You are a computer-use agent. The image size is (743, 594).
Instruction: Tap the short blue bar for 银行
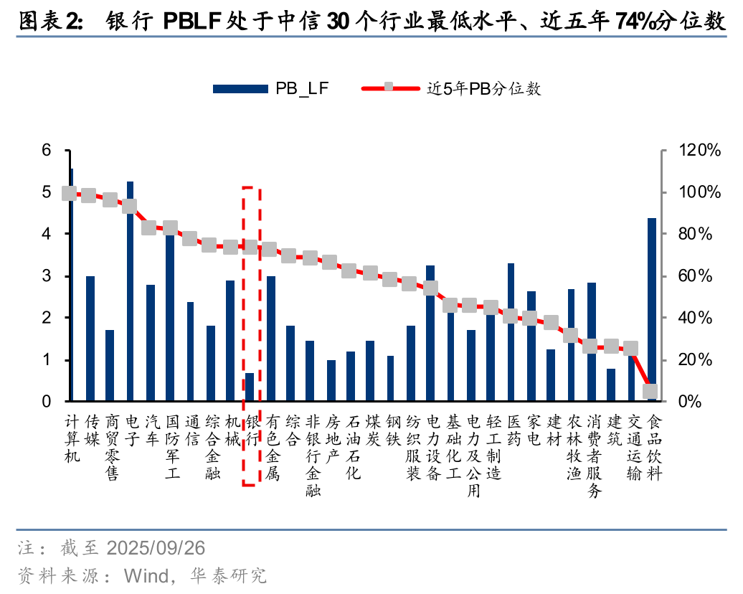(250, 387)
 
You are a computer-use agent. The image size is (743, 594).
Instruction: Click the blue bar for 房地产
(331, 381)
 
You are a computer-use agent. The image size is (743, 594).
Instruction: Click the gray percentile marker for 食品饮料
(650, 391)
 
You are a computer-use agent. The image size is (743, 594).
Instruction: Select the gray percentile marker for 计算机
(70, 193)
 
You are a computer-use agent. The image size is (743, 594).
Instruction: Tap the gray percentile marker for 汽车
(149, 227)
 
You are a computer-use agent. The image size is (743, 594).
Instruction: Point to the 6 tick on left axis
(47, 151)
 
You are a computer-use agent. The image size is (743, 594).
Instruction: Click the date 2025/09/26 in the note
(155, 549)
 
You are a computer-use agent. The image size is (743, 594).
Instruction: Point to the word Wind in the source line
(146, 575)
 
